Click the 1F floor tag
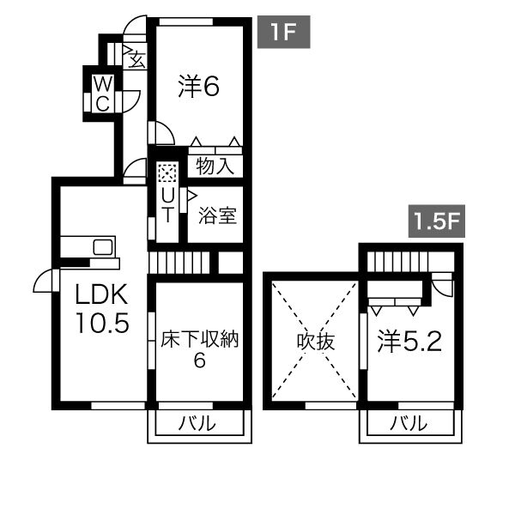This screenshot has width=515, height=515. coord(283,33)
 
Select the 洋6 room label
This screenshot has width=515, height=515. coord(200,86)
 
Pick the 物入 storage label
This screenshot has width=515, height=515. coord(215,165)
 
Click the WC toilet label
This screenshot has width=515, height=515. coord(101,93)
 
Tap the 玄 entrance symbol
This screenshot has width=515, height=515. coord(136,58)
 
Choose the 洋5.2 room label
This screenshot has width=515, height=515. coord(410,342)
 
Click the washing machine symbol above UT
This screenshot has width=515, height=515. coord(167,173)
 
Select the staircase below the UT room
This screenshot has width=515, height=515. coord(179,261)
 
